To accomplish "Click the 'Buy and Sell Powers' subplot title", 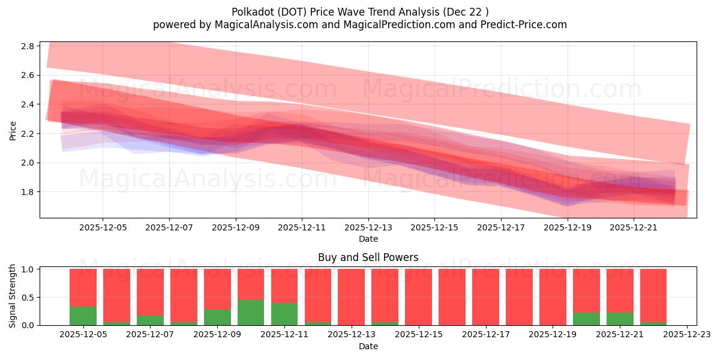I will [x=368, y=257].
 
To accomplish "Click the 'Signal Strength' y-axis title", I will [x=13, y=296].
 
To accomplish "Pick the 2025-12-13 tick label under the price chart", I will [x=368, y=227].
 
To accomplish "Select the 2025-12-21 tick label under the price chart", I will [x=634, y=227].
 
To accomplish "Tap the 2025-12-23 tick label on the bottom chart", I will [x=686, y=335].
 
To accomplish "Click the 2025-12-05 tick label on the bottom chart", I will [x=83, y=335].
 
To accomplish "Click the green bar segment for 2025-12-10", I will [x=251, y=313].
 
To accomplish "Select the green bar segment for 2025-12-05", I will [x=83, y=316].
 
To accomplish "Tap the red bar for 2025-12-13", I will [x=351, y=297].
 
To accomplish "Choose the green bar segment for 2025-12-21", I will [x=620, y=319].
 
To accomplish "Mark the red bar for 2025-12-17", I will [x=485, y=297].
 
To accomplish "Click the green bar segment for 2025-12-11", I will [x=284, y=314].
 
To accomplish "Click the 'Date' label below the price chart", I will [x=368, y=239].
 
